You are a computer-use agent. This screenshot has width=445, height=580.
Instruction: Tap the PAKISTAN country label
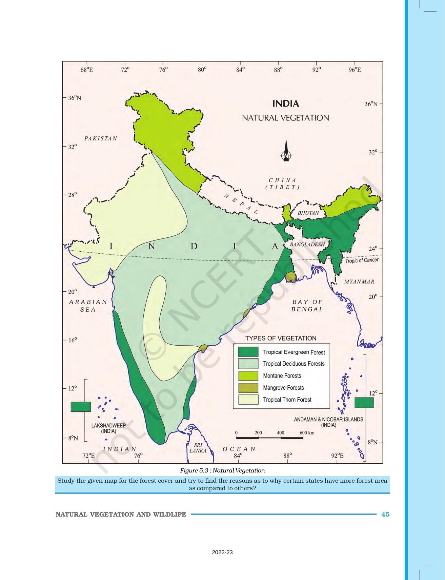tap(101, 138)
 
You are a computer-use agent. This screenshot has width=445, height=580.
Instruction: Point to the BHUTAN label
tap(308, 213)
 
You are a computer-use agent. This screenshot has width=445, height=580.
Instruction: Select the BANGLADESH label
tap(307, 244)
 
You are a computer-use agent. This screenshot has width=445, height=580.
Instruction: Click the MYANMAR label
tap(359, 282)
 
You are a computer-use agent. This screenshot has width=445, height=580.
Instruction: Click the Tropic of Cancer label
tap(362, 260)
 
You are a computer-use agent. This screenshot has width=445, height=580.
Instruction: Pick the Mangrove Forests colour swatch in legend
tap(248, 388)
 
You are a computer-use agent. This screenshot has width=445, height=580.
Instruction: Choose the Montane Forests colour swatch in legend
tap(248, 376)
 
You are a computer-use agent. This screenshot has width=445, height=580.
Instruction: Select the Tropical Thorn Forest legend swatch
tap(248, 400)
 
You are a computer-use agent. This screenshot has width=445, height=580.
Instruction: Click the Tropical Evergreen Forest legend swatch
tap(248, 352)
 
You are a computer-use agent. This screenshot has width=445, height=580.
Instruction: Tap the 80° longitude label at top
tap(202, 70)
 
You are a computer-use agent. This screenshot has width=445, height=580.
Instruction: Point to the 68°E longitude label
tap(87, 70)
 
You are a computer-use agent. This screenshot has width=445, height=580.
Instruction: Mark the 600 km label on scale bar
tap(307, 433)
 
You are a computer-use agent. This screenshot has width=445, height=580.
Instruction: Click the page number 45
tap(385, 514)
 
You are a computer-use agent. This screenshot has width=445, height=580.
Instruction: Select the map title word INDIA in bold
tap(285, 103)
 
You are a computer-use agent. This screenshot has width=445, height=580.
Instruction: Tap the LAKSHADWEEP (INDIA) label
tap(108, 428)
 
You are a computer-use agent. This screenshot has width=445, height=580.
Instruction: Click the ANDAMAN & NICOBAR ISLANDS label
tap(328, 422)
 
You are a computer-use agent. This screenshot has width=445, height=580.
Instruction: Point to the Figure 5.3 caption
tap(222, 470)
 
